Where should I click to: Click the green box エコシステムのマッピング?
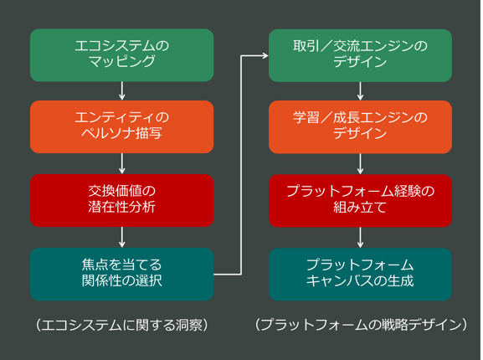[x=122, y=54]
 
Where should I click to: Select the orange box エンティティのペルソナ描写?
[x=122, y=126]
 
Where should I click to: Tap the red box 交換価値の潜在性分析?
[x=122, y=199]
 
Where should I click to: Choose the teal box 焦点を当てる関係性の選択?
[x=122, y=273]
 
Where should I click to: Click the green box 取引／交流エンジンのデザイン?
[x=360, y=54]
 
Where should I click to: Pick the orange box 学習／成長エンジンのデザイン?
[x=360, y=126]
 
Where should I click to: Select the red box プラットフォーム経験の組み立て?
[x=360, y=199]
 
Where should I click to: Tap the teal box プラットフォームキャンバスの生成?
[x=360, y=273]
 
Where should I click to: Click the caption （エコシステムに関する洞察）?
[x=122, y=324]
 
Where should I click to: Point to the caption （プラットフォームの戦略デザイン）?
[x=360, y=324]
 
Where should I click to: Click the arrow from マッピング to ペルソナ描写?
[x=122, y=90]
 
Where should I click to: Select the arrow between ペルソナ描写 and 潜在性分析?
[x=122, y=163]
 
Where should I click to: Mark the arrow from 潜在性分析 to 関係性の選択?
[x=122, y=237]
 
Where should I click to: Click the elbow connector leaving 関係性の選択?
[x=241, y=167]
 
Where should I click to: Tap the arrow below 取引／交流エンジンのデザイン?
[x=360, y=90]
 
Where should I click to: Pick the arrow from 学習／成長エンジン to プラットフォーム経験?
[x=360, y=163]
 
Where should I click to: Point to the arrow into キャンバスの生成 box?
[x=360, y=237]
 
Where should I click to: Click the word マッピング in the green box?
[x=122, y=62]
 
